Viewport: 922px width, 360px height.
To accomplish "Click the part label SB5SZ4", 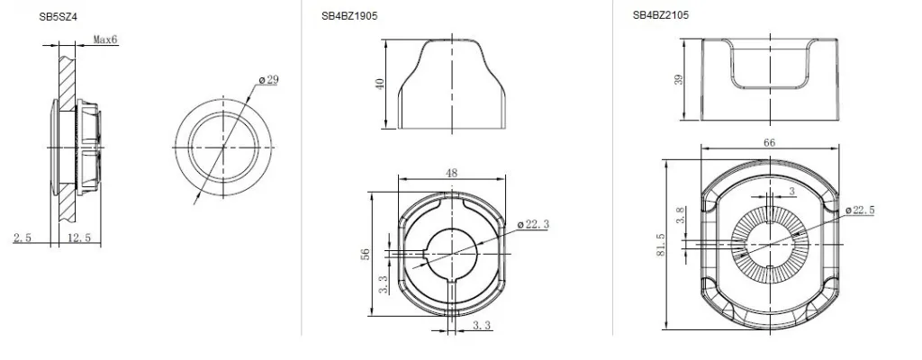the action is (59, 17).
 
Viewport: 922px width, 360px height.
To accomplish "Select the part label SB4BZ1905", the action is (349, 16).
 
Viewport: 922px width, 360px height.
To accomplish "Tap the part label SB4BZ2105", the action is (660, 16).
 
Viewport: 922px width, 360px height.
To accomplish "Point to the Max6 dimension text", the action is (105, 40).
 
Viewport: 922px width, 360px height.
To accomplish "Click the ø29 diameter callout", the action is (268, 80).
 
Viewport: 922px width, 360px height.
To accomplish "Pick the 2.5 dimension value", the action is (23, 238).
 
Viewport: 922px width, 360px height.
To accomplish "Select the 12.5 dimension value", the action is (79, 238).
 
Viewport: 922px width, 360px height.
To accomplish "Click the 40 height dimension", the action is (380, 84).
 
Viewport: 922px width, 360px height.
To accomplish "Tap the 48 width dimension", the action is (452, 173).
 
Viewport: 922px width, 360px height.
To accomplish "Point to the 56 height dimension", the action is (366, 254).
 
